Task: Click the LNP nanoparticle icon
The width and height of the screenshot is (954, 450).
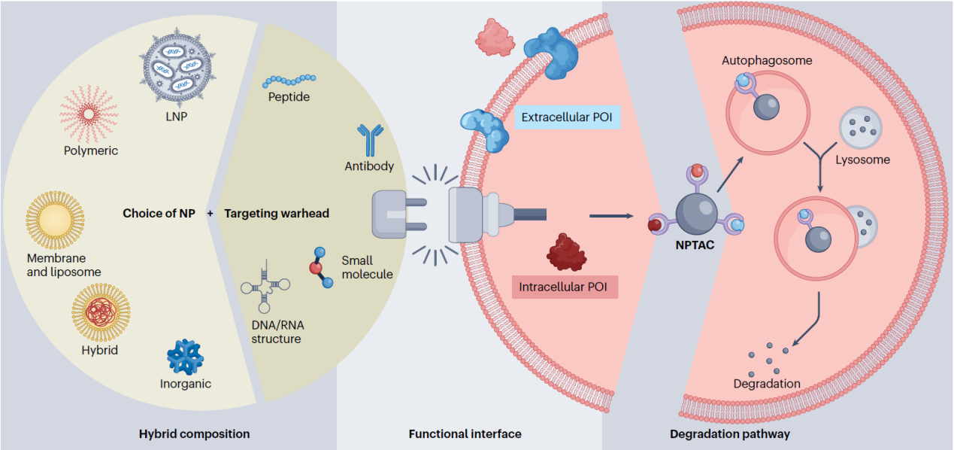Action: [176, 71]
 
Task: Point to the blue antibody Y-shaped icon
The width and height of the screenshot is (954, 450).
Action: [370, 141]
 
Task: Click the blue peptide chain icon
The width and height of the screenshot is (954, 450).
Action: [289, 79]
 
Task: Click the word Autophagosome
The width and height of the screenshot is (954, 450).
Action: [767, 60]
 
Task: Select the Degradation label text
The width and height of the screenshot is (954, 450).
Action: [766, 385]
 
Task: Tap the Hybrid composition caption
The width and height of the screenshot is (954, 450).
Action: [194, 434]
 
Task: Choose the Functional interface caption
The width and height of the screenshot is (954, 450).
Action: [465, 434]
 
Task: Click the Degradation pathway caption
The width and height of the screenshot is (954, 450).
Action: [729, 434]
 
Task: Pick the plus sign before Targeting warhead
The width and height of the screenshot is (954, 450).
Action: [210, 213]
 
